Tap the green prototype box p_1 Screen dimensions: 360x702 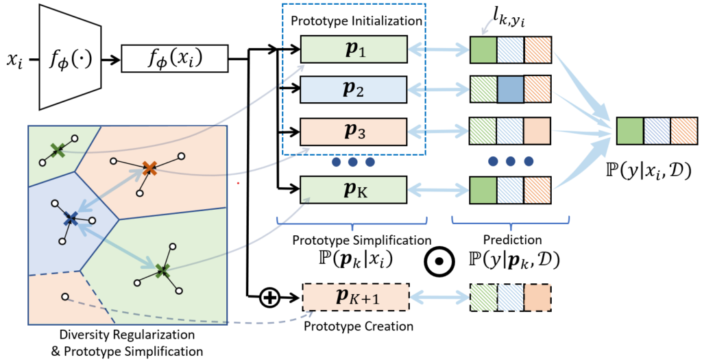[354, 50]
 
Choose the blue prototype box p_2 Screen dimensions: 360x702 [354, 90]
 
